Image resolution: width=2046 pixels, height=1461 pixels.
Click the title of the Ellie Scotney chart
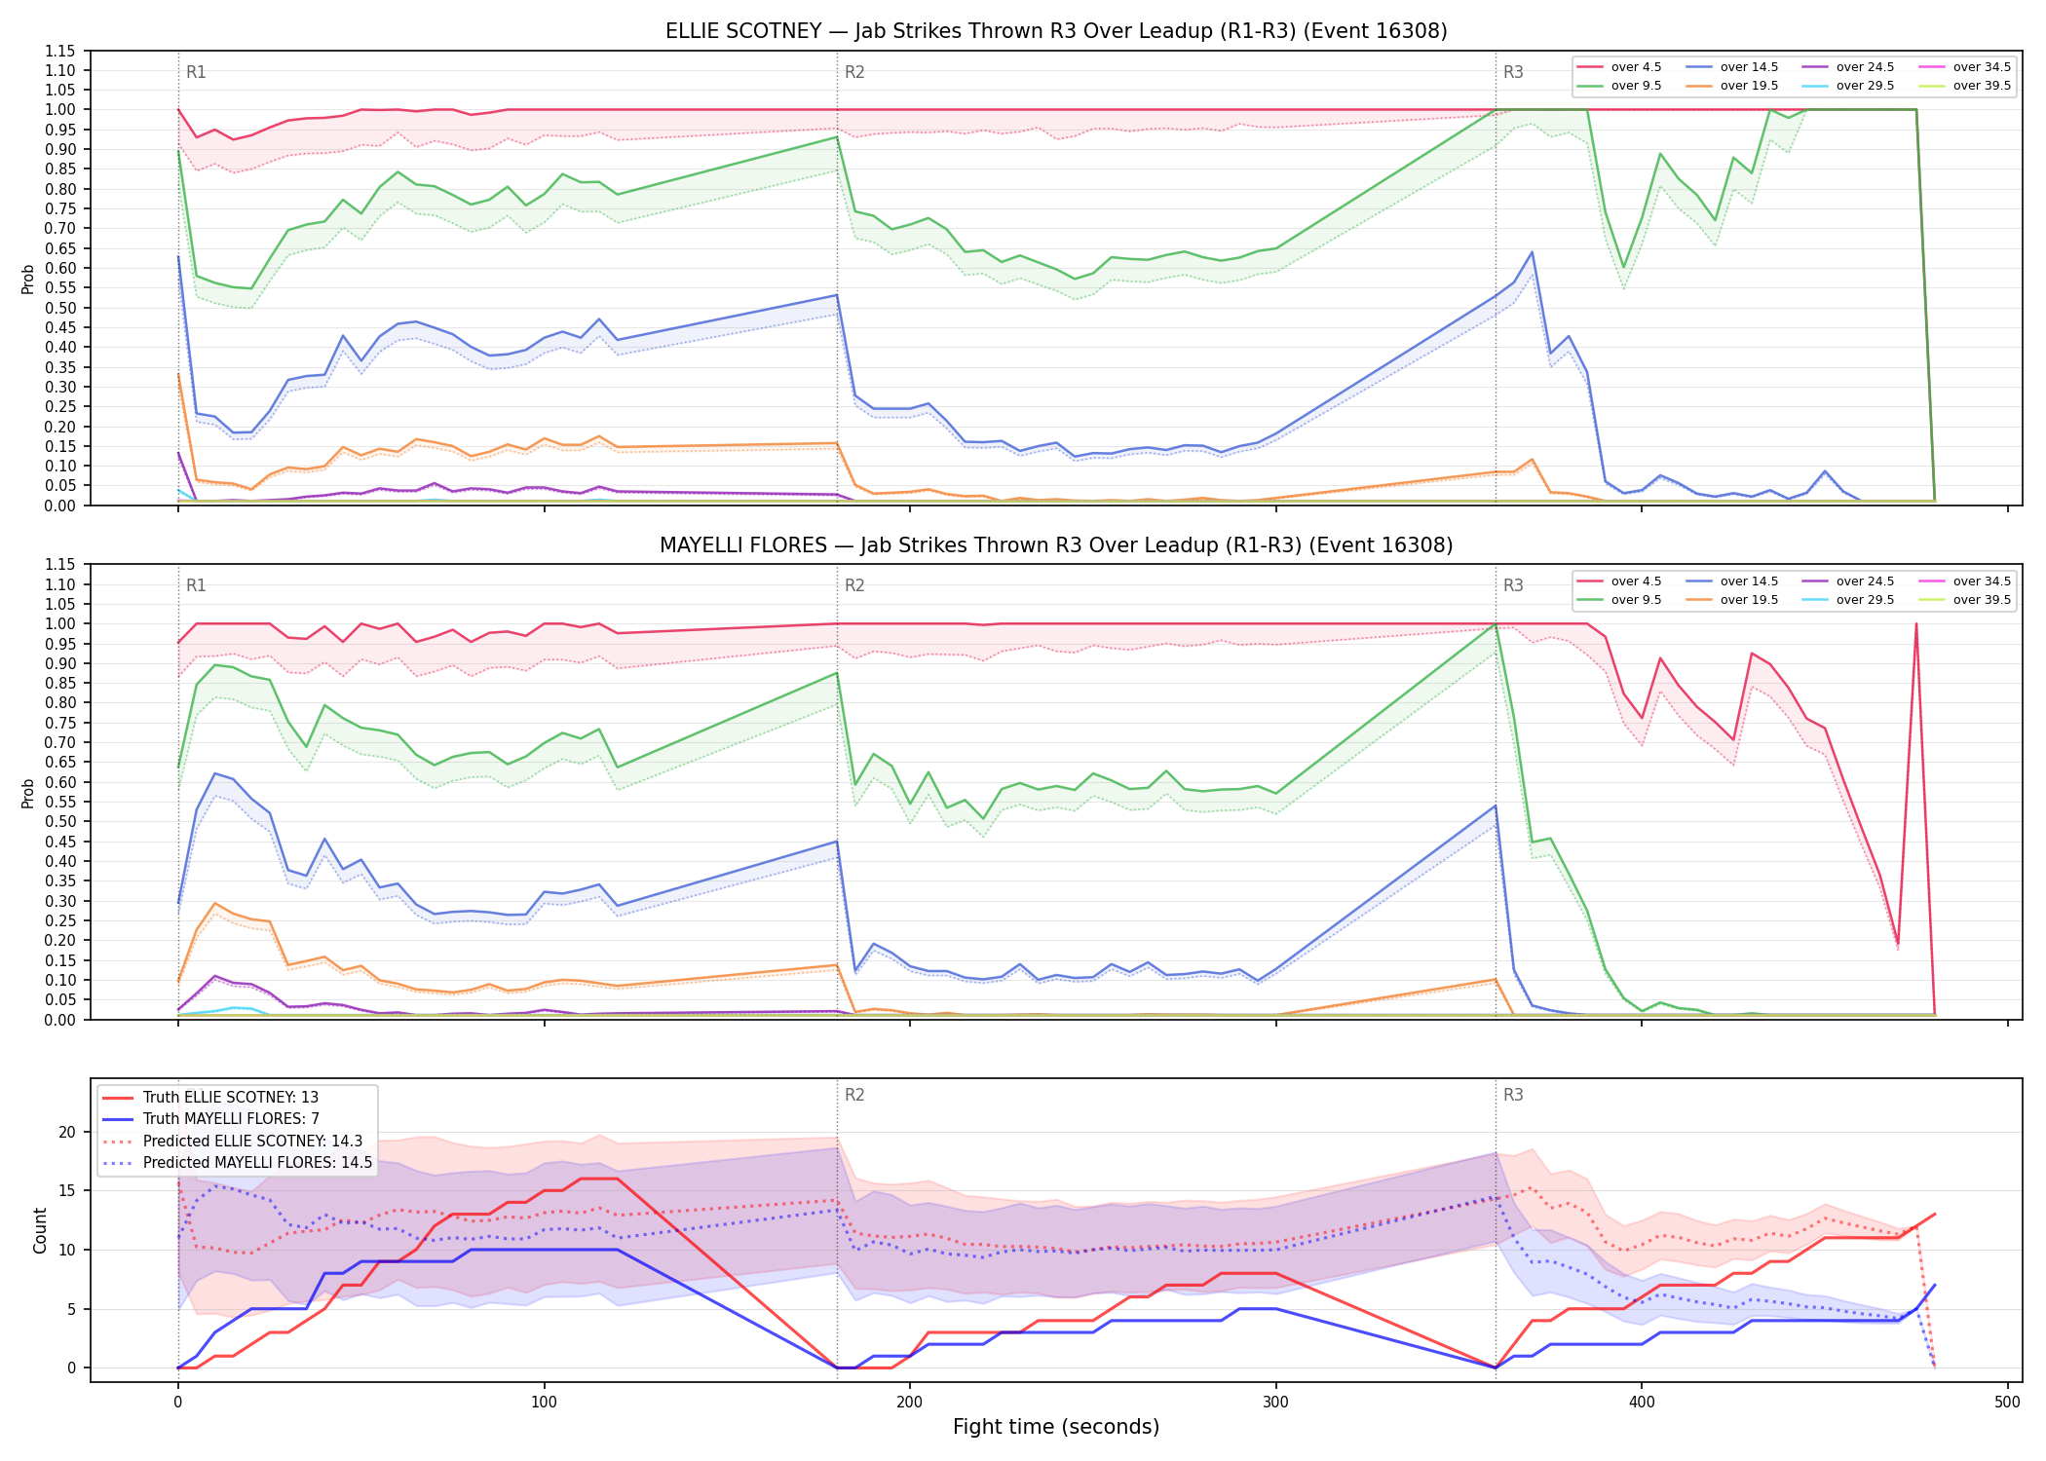tap(1056, 31)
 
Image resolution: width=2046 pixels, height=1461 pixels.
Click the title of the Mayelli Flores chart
tap(1056, 545)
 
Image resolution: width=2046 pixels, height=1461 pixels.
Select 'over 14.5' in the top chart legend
tap(1749, 67)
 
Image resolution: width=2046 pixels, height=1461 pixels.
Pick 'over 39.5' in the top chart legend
tap(1982, 86)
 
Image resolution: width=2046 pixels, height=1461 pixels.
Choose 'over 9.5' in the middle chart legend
tap(1636, 600)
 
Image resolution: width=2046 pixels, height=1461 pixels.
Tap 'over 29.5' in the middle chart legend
tap(1865, 600)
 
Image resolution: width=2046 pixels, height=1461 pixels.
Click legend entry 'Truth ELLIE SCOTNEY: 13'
tap(230, 1098)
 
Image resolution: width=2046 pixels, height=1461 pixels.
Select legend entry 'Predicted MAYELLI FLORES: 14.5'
tap(257, 1162)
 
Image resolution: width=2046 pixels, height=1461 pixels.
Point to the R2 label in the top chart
tap(854, 72)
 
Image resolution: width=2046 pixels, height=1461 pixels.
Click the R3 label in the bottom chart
tap(1513, 1095)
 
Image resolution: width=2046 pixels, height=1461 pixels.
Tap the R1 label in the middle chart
tap(196, 585)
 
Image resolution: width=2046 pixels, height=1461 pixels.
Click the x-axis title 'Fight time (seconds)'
tap(1056, 1427)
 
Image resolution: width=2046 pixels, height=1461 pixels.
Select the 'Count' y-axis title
tap(40, 1230)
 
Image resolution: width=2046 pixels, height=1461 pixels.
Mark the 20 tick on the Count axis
tap(67, 1132)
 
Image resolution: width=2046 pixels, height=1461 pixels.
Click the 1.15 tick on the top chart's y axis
tap(60, 51)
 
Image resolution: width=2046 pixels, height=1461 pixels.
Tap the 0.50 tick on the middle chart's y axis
tap(60, 821)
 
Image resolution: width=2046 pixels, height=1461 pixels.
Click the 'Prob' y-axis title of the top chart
tap(28, 279)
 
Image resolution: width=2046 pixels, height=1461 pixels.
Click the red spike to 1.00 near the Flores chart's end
tap(1915, 624)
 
